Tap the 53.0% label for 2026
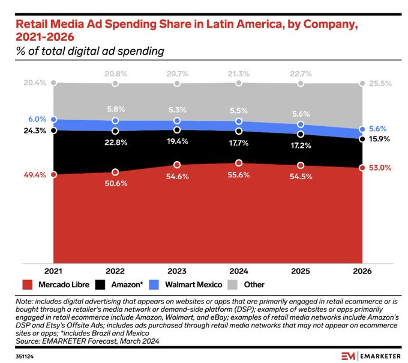point(381,168)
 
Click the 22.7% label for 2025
point(301,74)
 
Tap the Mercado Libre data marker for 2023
point(177,165)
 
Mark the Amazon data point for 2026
point(362,139)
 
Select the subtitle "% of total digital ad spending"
point(90,51)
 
